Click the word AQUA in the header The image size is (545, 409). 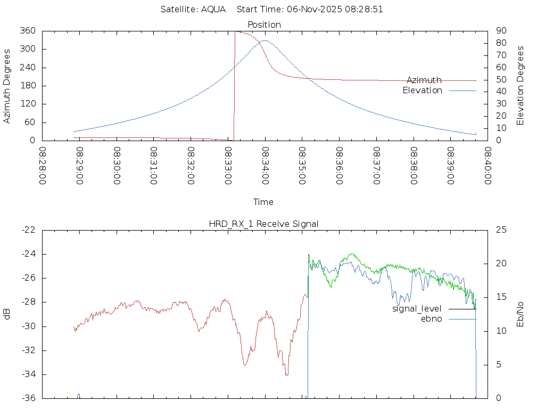(213, 9)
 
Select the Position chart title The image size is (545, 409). (264, 24)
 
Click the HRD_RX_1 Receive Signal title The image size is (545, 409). (263, 224)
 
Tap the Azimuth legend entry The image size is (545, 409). (424, 80)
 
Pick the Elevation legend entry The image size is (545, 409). (422, 91)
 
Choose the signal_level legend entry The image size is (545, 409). (417, 309)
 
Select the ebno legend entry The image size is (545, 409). (431, 319)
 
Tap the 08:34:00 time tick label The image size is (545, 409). (265, 166)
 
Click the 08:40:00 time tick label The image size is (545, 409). (487, 166)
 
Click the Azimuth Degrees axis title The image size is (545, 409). (7, 86)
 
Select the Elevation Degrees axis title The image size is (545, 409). (521, 86)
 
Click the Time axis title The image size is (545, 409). (263, 202)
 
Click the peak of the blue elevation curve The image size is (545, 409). (265, 40)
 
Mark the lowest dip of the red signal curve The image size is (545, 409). (286, 375)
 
